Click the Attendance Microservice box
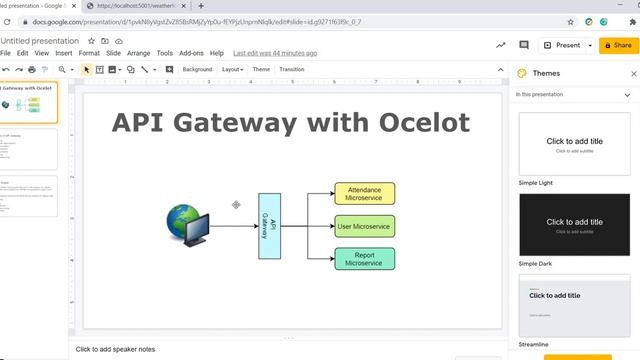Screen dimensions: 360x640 (364, 193)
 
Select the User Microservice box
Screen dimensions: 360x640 (364, 226)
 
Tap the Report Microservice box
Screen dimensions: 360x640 (364, 258)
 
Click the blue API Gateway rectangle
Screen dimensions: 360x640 (267, 226)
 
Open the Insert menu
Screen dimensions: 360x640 (64, 53)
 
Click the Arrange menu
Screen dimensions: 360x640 (138, 53)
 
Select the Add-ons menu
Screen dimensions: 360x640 (191, 53)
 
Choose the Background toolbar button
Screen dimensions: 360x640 (197, 69)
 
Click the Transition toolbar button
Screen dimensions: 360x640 (292, 69)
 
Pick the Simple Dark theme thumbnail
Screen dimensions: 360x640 (574, 224)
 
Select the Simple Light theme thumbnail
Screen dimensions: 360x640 (574, 143)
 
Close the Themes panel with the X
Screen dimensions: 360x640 (633, 73)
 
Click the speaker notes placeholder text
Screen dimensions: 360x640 (116, 349)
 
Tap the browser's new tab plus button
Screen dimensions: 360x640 (201, 6)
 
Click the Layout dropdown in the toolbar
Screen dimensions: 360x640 (232, 69)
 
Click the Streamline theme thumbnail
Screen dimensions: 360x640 (574, 304)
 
